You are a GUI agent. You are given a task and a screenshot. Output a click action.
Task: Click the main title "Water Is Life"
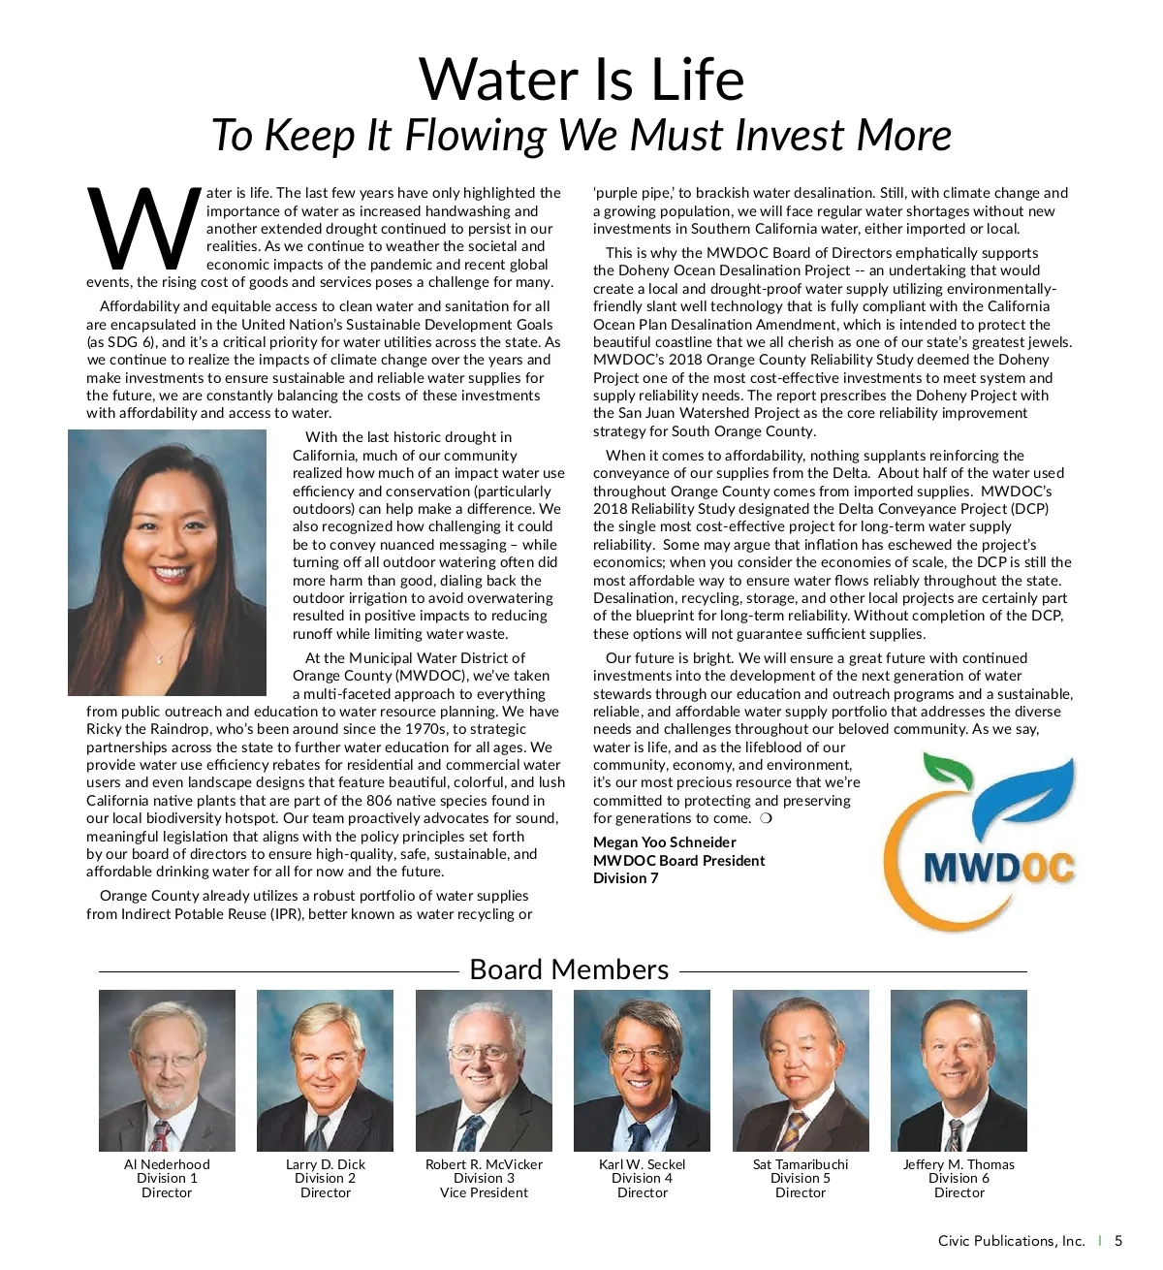[x=581, y=79]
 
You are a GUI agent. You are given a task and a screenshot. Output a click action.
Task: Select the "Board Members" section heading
[x=569, y=969]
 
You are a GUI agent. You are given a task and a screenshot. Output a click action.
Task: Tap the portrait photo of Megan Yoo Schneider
[x=167, y=562]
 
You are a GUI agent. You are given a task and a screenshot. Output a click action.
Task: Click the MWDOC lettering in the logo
[x=999, y=866]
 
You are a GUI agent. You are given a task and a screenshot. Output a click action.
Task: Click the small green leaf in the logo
[x=948, y=772]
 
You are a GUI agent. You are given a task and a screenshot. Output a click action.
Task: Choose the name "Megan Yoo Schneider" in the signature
[x=664, y=842]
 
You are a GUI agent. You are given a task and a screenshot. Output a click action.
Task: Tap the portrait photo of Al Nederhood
[x=167, y=1070]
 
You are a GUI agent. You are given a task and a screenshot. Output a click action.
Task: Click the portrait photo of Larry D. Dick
[x=325, y=1070]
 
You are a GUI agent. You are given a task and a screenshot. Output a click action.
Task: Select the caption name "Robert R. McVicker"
[x=484, y=1164]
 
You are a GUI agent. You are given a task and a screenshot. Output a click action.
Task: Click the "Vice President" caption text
[x=484, y=1192]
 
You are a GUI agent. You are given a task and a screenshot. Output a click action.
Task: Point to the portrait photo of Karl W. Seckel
[x=642, y=1070]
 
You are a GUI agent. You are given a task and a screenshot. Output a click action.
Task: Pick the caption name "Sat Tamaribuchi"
[x=801, y=1164]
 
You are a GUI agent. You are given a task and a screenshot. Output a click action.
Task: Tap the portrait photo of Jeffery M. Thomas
[x=959, y=1070]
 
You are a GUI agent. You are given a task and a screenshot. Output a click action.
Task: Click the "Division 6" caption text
[x=959, y=1178]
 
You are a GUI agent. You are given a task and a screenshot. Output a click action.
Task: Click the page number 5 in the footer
[x=1118, y=1241]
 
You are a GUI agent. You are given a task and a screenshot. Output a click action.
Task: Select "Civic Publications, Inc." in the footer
[x=1011, y=1241]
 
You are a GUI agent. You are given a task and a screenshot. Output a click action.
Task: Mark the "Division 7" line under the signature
[x=625, y=878]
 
